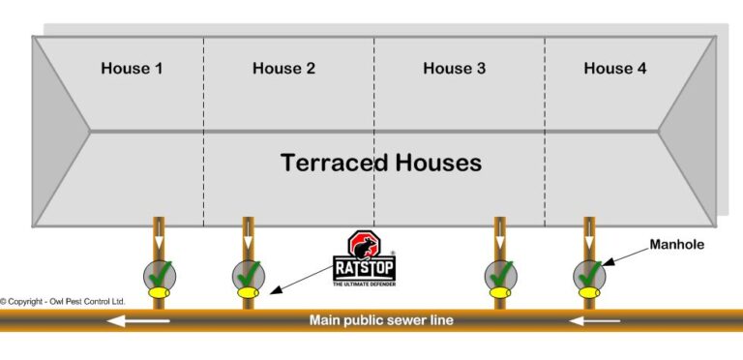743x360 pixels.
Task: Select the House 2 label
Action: click(283, 69)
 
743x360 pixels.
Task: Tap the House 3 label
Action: click(455, 69)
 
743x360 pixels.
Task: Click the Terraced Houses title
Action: click(381, 162)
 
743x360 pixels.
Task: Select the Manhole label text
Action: click(678, 245)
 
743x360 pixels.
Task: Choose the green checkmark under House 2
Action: click(249, 273)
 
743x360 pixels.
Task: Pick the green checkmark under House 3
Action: click(500, 273)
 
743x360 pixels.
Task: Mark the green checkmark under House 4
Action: click(589, 273)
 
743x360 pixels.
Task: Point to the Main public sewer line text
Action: click(380, 320)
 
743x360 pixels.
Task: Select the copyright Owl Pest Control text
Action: click(63, 302)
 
